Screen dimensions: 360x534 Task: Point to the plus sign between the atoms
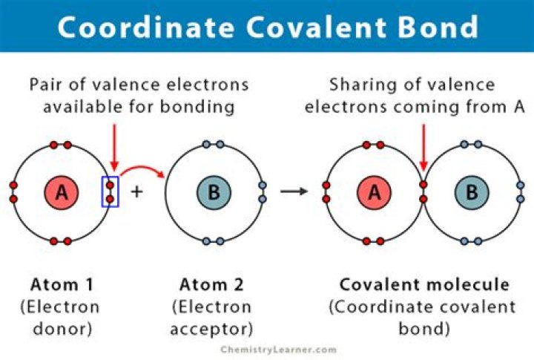(x=136, y=192)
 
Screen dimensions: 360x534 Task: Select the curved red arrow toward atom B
(x=142, y=171)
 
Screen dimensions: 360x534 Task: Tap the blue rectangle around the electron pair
(x=110, y=192)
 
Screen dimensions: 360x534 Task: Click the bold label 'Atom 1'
(x=62, y=284)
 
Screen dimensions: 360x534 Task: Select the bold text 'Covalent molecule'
(x=424, y=284)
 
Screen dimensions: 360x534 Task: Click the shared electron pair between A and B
(x=423, y=192)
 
